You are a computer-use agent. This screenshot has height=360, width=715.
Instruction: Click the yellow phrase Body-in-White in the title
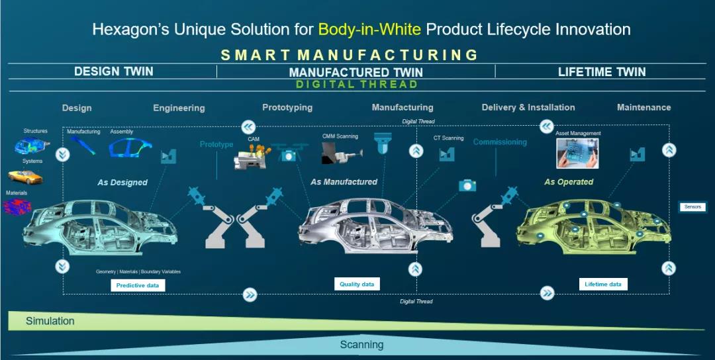(x=369, y=30)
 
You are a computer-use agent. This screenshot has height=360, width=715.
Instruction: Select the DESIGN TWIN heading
(x=114, y=71)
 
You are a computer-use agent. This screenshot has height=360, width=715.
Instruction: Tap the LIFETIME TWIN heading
(x=602, y=71)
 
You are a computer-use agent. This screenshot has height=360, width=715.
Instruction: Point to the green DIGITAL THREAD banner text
(x=357, y=84)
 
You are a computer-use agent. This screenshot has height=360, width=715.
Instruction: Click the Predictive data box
(x=138, y=286)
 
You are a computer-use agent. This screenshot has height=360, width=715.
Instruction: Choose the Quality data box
(x=357, y=285)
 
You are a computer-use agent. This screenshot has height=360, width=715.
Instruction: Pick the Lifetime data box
(x=603, y=285)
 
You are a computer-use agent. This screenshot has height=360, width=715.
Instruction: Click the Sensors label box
(x=692, y=207)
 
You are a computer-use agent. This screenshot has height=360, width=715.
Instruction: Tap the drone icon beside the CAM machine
(x=287, y=153)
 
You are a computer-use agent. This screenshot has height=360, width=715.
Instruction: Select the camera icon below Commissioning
(x=467, y=185)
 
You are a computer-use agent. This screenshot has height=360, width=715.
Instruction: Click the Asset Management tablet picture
(x=577, y=154)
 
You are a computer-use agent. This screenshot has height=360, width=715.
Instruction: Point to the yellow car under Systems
(x=25, y=177)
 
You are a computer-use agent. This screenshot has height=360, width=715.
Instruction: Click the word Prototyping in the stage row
(x=287, y=108)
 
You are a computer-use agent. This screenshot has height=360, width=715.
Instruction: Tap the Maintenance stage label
(x=644, y=108)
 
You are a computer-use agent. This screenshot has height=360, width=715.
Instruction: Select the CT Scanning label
(x=448, y=138)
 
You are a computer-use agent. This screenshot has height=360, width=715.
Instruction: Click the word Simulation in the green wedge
(x=50, y=321)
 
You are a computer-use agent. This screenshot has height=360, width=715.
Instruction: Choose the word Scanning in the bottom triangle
(x=361, y=345)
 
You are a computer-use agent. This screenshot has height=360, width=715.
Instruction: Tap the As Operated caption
(x=569, y=182)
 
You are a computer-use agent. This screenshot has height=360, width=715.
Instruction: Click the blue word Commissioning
(x=500, y=142)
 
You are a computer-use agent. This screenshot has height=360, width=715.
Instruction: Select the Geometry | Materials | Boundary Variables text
(x=138, y=271)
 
